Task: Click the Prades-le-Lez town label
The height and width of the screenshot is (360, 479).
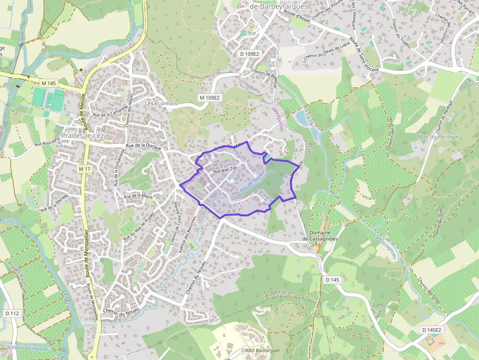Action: [x=81, y=135]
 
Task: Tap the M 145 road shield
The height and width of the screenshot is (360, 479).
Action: [x=49, y=84]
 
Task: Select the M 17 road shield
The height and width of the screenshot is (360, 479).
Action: [x=85, y=169]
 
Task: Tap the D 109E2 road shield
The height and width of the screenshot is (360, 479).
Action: [x=249, y=53]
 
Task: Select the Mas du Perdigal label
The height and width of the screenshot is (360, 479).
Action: [x=438, y=137]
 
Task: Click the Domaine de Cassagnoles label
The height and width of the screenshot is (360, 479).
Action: [x=320, y=235]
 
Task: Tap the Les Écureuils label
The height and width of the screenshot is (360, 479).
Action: [x=161, y=104]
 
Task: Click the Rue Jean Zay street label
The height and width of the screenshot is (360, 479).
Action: [x=225, y=170]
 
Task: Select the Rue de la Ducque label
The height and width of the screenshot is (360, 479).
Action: [x=144, y=146]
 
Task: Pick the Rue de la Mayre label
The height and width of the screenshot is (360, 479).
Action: [x=138, y=196]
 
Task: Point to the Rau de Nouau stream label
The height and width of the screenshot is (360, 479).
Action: [x=252, y=181]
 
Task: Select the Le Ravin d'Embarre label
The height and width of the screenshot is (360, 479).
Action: [x=27, y=349]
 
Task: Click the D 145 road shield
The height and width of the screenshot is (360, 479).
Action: [x=331, y=279]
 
